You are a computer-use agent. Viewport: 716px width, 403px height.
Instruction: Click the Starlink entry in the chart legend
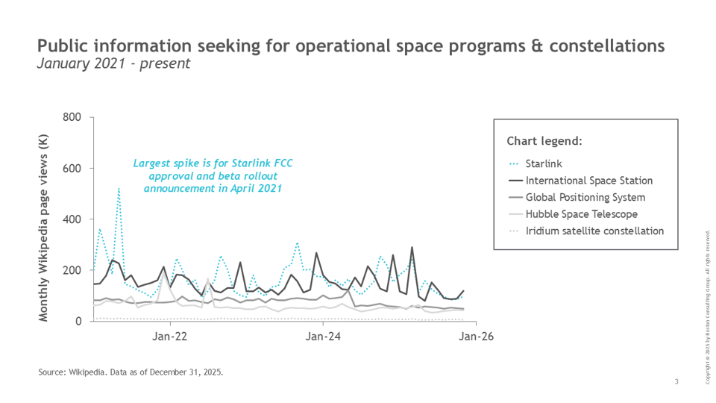543,163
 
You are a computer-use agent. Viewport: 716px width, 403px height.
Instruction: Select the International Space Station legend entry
589,181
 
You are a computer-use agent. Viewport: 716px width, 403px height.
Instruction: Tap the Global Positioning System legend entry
585,198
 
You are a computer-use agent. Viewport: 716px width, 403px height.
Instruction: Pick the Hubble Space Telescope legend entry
582,214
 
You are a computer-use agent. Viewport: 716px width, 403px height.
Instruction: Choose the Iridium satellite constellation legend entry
594,231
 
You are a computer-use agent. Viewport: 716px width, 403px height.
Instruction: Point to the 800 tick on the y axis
72,118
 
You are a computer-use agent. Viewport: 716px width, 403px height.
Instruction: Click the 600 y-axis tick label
72,169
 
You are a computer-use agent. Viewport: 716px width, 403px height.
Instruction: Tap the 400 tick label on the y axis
72,219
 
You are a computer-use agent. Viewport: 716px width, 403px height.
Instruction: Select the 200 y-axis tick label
72,270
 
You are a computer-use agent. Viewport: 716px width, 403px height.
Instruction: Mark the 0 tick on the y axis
78,321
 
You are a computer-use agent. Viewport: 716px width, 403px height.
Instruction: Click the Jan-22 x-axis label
169,337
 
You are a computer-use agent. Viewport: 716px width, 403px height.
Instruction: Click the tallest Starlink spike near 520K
119,189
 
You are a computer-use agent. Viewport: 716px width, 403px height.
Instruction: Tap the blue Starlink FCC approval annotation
207,176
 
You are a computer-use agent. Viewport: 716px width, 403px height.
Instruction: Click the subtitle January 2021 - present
113,64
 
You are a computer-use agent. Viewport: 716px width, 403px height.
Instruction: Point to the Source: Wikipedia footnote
131,371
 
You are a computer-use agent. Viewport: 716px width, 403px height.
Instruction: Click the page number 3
676,382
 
